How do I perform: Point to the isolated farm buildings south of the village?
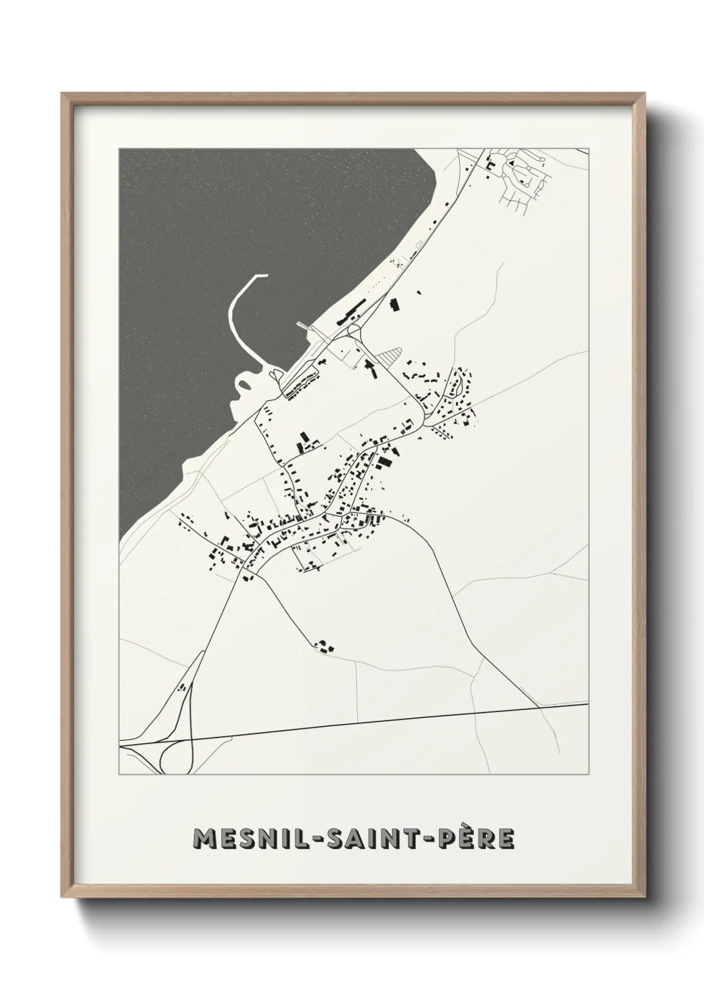pos(324,646)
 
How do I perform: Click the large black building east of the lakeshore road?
pos(394,305)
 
